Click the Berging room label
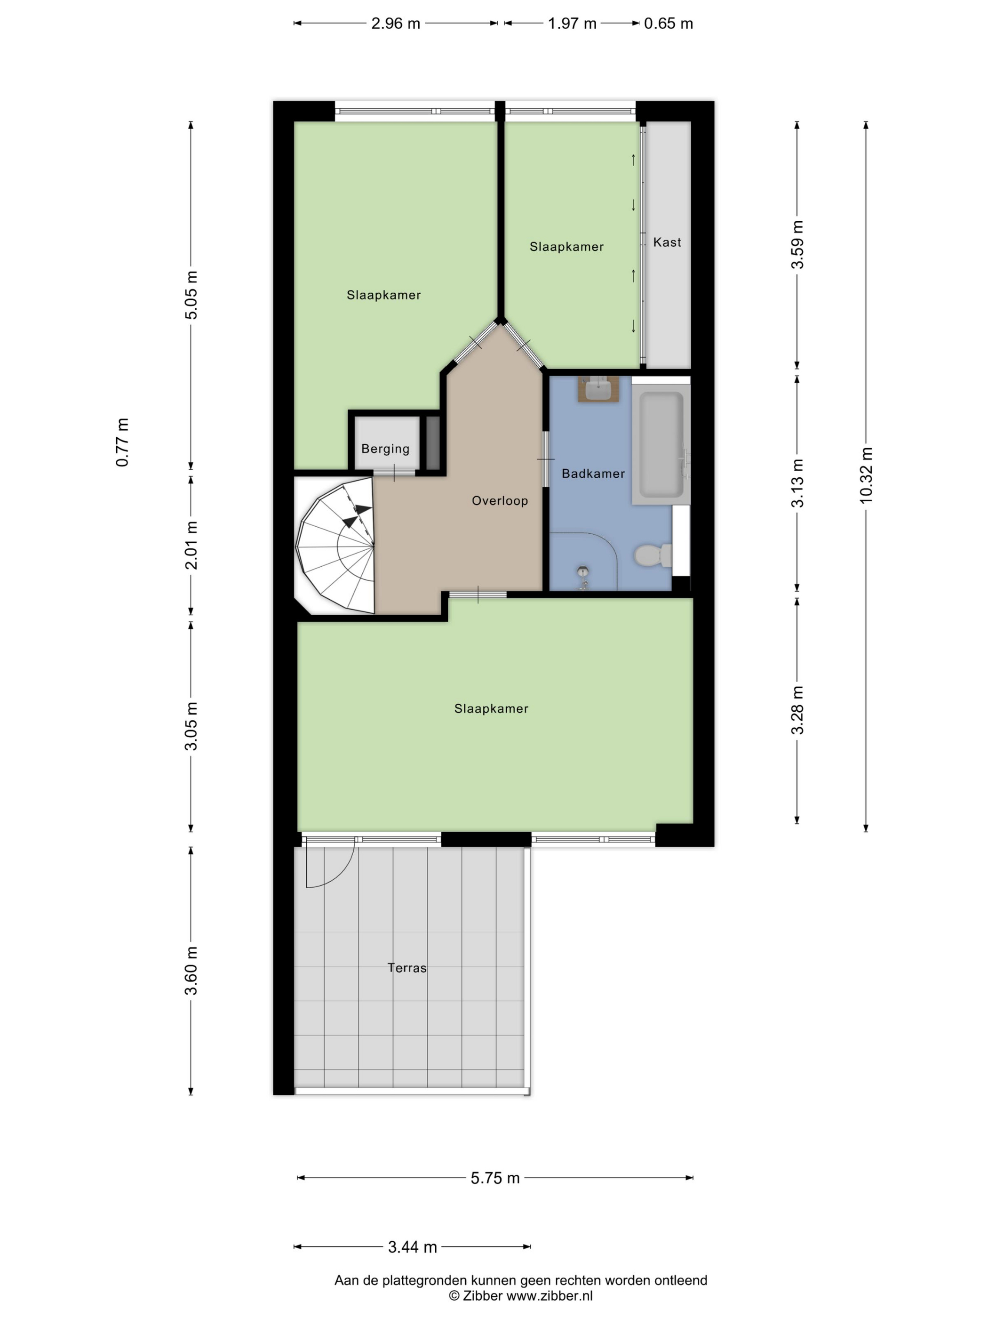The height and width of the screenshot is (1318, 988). pos(385,449)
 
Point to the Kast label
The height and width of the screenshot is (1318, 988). pos(667,242)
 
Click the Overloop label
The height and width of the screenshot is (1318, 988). pos(500,500)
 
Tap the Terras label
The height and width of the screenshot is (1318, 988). pos(407,968)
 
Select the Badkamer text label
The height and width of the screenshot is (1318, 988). pos(593,474)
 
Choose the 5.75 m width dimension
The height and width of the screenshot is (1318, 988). pos(495,1178)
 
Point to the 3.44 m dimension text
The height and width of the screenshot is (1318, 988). pos(413,1247)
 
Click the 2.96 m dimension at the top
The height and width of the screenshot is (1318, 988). pos(396,24)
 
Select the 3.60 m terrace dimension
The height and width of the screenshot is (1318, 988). pos(191,971)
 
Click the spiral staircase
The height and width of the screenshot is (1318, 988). pos(335,545)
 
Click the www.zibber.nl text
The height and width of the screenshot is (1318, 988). pos(549,1295)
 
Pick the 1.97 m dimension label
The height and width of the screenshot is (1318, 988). pos(572,24)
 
